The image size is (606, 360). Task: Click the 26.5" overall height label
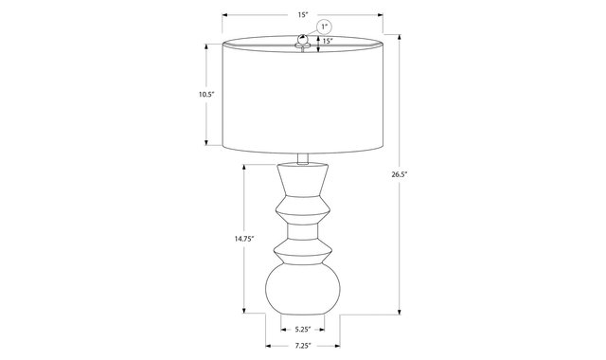[x=400, y=174]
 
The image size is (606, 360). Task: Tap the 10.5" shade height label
[x=206, y=94]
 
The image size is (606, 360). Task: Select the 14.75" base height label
[x=244, y=239]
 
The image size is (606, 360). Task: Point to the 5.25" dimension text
[x=303, y=330]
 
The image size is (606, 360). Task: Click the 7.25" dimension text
[x=303, y=346]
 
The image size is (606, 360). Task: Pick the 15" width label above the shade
[x=303, y=15]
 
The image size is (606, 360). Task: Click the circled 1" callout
[x=324, y=27]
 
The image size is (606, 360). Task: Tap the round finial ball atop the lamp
[x=303, y=39]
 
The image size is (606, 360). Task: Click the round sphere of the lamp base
[x=303, y=289]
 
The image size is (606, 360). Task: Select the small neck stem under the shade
[x=303, y=158]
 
